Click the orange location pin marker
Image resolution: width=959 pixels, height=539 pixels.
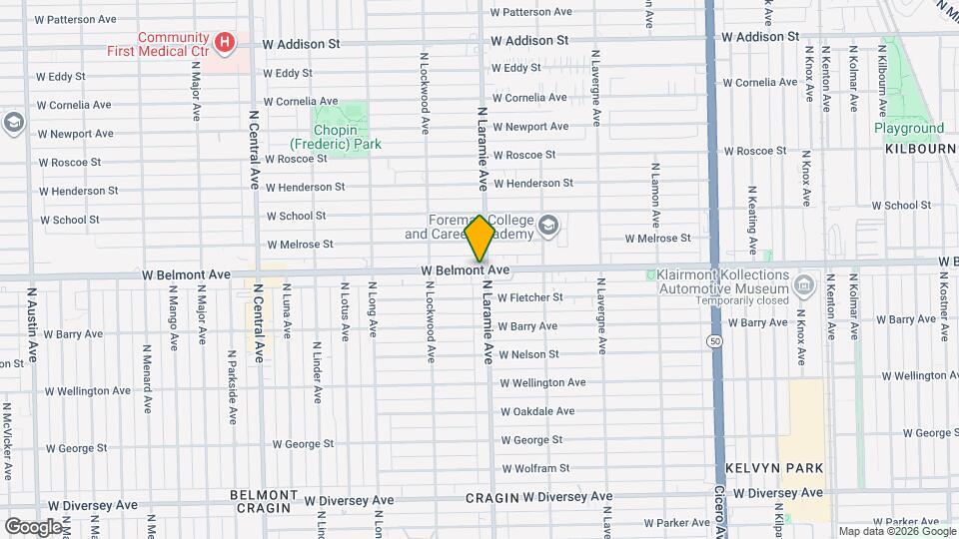[x=479, y=239]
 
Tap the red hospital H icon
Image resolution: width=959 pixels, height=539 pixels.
[x=226, y=42]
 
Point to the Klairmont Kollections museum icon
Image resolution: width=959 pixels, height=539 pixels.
[x=802, y=286]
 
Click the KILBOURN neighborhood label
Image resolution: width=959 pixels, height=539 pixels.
[x=920, y=148]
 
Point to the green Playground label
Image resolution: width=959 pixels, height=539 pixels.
[x=908, y=128]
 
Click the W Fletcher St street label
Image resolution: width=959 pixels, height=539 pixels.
[x=529, y=297]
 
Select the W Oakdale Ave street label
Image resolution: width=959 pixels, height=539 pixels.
[x=537, y=411]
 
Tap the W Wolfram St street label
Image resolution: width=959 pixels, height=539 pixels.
[x=534, y=468]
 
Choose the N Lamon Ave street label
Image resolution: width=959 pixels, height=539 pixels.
[x=655, y=196]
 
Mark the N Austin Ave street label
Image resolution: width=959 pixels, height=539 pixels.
[x=32, y=323]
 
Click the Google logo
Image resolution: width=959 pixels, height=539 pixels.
[x=33, y=525]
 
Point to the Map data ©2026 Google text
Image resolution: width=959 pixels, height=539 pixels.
[x=896, y=531]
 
